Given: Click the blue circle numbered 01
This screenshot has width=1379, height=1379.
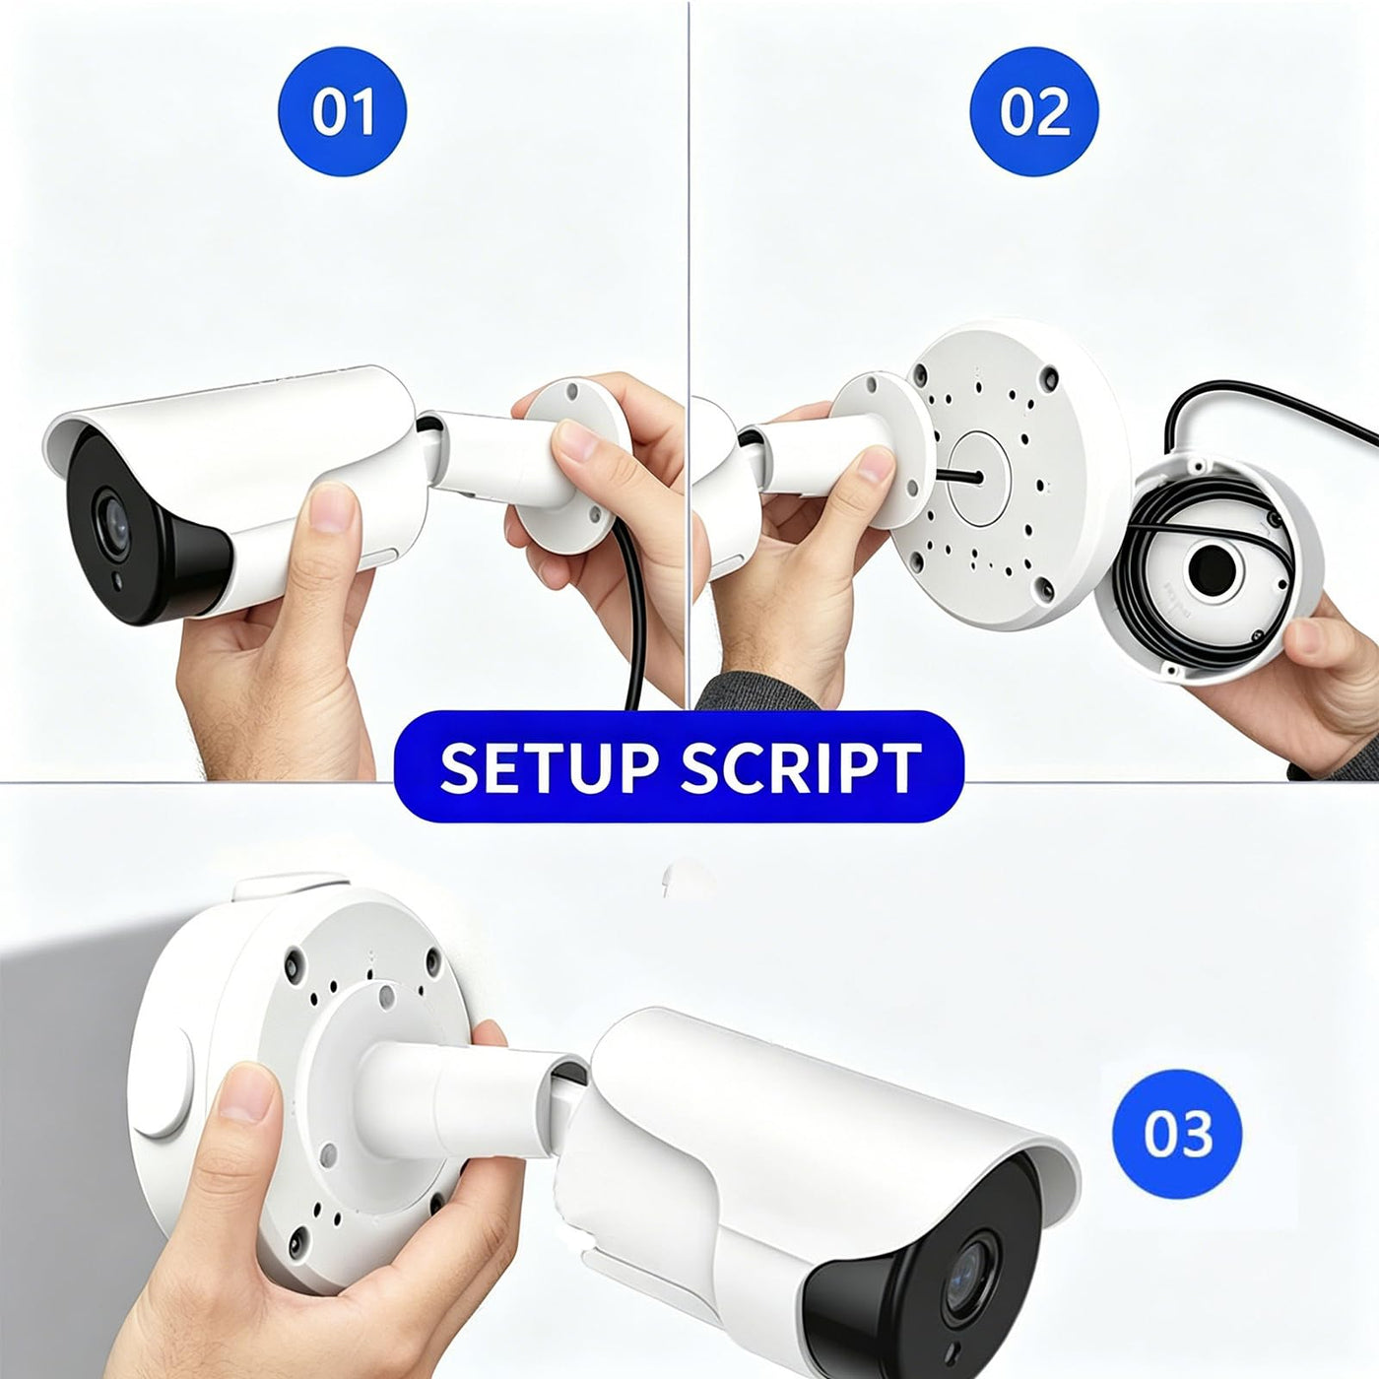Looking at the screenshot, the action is coord(342,112).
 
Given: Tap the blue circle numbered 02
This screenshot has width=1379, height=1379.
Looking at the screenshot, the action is coord(1034,112).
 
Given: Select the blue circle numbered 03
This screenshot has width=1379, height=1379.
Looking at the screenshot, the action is coord(1177,1135).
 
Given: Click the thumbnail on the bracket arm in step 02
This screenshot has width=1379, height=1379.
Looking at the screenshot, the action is coord(876,465).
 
